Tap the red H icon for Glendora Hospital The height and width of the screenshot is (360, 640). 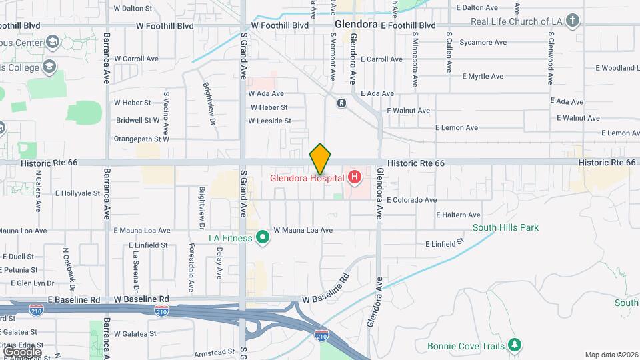(355, 177)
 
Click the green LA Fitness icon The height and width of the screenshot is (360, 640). (263, 237)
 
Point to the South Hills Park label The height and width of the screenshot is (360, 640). (505, 228)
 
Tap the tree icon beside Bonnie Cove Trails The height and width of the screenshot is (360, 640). (514, 345)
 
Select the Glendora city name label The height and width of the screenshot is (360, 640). (355, 23)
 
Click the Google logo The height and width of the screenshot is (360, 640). (21, 351)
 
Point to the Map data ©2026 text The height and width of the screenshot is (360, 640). (611, 355)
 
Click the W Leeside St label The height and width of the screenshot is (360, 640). (269, 121)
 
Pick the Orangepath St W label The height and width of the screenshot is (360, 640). (141, 139)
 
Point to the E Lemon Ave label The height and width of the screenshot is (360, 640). (456, 127)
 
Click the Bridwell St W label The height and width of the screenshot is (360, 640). (137, 121)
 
